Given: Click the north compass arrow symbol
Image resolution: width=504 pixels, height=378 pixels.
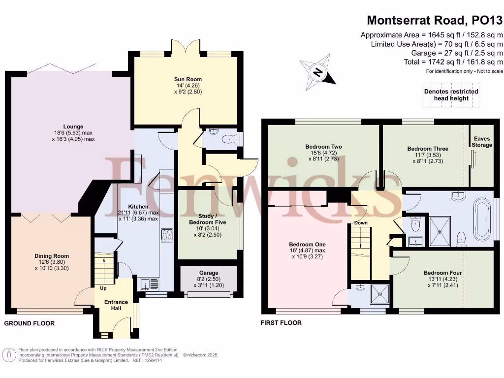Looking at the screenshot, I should click(318, 73).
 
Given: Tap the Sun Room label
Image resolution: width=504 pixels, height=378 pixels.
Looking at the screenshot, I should click(188, 79).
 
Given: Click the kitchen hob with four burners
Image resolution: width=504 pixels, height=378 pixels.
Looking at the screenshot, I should click(167, 235).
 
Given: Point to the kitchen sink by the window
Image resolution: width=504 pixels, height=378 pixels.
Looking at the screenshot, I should click(146, 284).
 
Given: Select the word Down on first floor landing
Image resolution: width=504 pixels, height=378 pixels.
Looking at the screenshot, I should click(361, 223).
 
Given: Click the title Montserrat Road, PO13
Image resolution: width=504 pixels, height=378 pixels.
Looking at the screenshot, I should click(435, 20).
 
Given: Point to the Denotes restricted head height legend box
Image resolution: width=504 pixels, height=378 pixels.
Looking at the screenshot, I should click(451, 94).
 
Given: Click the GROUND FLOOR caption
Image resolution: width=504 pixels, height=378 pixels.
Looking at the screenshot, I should click(30, 323).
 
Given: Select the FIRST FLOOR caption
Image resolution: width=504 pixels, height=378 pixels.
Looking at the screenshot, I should click(281, 323).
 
